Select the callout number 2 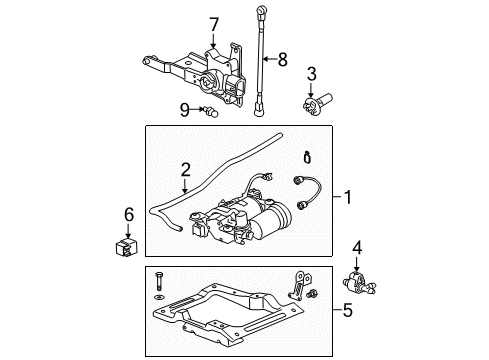tap(185, 170)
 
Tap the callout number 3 tap(311, 73)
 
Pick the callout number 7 tap(212, 24)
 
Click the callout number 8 tap(282, 59)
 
